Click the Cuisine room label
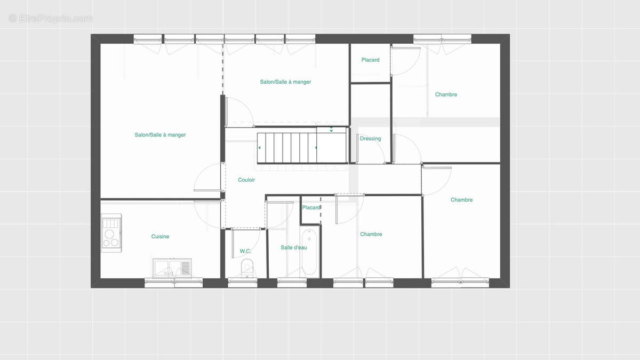pyautogui.click(x=160, y=237)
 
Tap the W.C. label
pyautogui.click(x=245, y=251)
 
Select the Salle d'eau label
pyautogui.click(x=294, y=247)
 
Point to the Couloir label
pyautogui.click(x=246, y=180)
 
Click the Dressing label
pyautogui.click(x=370, y=139)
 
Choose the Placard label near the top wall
pyautogui.click(x=370, y=60)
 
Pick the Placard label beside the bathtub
pyautogui.click(x=311, y=207)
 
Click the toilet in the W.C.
pyautogui.click(x=247, y=268)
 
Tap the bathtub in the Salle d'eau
pyautogui.click(x=309, y=252)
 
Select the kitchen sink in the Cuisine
pyautogui.click(x=172, y=268)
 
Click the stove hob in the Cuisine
pyautogui.click(x=111, y=233)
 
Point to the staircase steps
pyautogui.click(x=286, y=148)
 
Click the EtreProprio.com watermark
pyautogui.click(x=50, y=19)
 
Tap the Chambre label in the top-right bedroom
pyautogui.click(x=446, y=94)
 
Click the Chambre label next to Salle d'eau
pyautogui.click(x=371, y=234)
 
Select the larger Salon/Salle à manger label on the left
pyautogui.click(x=160, y=135)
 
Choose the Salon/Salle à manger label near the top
pyautogui.click(x=285, y=82)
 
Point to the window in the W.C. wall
pyautogui.click(x=243, y=283)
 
